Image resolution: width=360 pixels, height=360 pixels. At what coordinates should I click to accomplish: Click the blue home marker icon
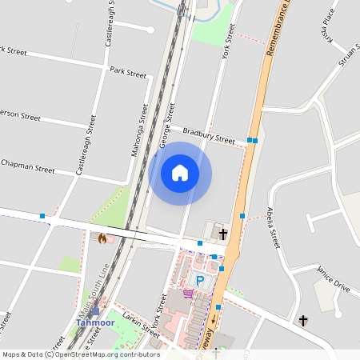pyautogui.click(x=180, y=173)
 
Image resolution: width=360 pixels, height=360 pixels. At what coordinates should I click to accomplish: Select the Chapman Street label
pyautogui.click(x=28, y=166)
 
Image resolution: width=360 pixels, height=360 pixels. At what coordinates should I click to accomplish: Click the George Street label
pyautogui.click(x=167, y=123)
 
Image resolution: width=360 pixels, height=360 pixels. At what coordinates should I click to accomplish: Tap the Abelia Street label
pyautogui.click(x=272, y=228)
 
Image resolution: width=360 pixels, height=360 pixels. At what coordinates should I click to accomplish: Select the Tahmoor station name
pyautogui.click(x=94, y=322)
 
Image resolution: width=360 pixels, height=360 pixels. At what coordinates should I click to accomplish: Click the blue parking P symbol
pyautogui.click(x=200, y=281)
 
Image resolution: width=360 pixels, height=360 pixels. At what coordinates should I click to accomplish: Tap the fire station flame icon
pyautogui.click(x=102, y=238)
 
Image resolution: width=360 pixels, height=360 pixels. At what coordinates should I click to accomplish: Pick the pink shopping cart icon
pyautogui.click(x=188, y=293)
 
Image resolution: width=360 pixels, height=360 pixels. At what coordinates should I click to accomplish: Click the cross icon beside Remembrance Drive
pyautogui.click(x=222, y=234)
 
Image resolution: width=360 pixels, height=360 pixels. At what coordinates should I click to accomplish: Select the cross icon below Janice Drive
pyautogui.click(x=303, y=321)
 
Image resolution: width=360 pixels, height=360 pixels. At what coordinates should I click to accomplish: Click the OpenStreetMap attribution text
pyautogui.click(x=80, y=354)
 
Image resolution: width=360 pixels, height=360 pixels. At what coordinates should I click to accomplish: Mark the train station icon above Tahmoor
pyautogui.click(x=95, y=312)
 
